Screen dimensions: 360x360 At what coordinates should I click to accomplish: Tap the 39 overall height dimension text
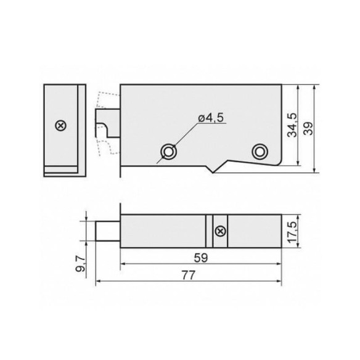coord(308,128)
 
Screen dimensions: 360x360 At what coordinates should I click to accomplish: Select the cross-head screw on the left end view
coord(60,126)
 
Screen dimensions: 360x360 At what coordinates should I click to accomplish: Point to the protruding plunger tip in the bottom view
coord(108,231)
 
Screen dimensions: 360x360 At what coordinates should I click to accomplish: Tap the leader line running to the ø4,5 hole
coord(185,137)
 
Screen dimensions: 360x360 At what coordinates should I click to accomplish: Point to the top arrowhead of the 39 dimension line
coord(314,87)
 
